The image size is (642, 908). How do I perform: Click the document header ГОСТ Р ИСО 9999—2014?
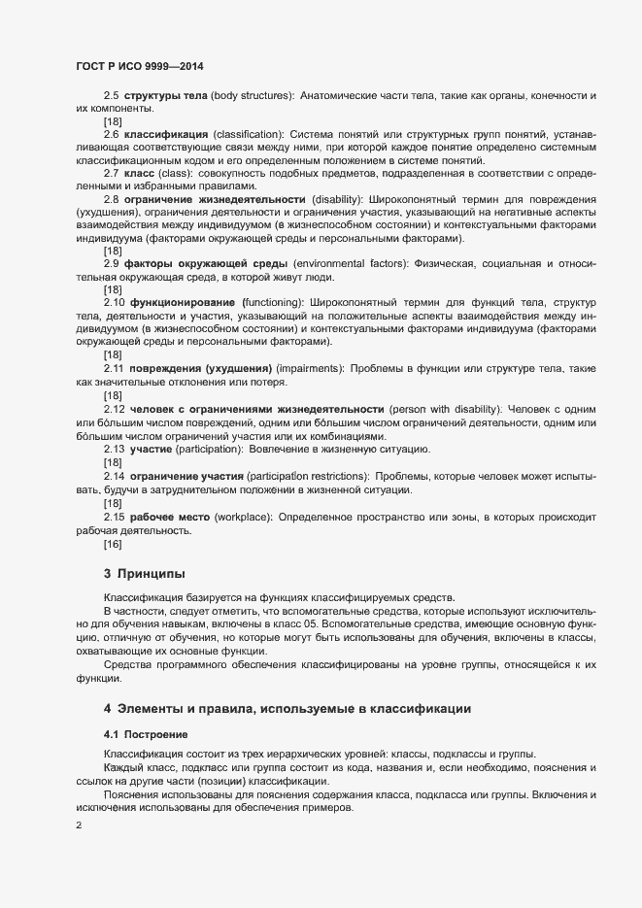(x=140, y=66)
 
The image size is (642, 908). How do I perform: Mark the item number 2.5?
(x=112, y=97)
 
